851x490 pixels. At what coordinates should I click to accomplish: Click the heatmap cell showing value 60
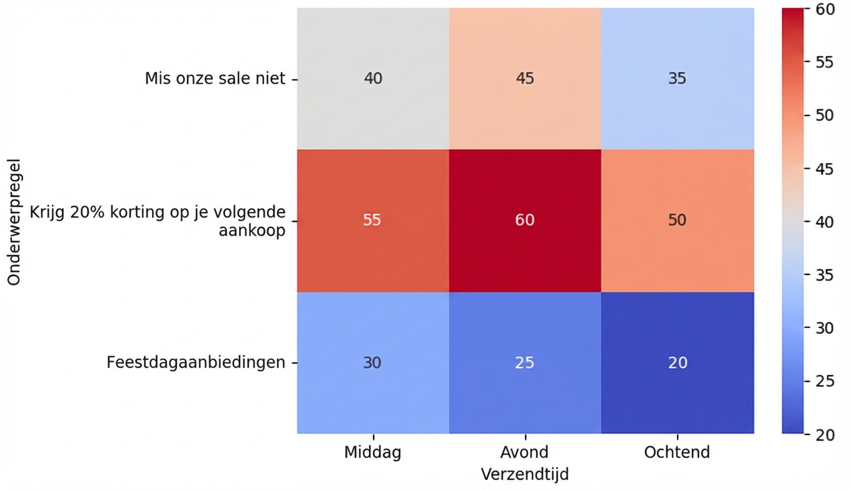[x=524, y=220]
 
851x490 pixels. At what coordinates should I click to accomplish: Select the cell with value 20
[x=677, y=362]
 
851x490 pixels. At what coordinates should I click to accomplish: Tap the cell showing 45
[x=524, y=78]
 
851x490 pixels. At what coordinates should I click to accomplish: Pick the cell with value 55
[x=372, y=220]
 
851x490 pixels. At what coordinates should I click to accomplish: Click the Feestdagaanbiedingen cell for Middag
[x=372, y=362]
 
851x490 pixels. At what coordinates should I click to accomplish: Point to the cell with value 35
[x=677, y=78]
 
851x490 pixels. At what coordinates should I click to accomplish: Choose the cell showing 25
[x=524, y=362]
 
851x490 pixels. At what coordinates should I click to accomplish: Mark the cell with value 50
[x=677, y=220]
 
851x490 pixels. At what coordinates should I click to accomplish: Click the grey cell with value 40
[x=372, y=78]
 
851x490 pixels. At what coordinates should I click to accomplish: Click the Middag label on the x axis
[x=372, y=452]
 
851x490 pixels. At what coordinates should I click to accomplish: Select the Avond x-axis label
[x=524, y=452]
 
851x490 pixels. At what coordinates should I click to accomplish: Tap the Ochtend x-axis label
[x=677, y=452]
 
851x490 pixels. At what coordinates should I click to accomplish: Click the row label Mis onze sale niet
[x=215, y=79]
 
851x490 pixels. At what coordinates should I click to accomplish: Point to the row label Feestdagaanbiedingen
[x=196, y=362]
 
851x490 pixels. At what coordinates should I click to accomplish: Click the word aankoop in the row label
[x=252, y=230]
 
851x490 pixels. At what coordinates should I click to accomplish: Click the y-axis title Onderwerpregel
[x=14, y=222]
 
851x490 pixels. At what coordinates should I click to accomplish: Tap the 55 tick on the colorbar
[x=825, y=62]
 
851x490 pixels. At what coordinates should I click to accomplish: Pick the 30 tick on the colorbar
[x=825, y=327]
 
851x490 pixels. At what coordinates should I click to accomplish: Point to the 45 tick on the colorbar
[x=825, y=169]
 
